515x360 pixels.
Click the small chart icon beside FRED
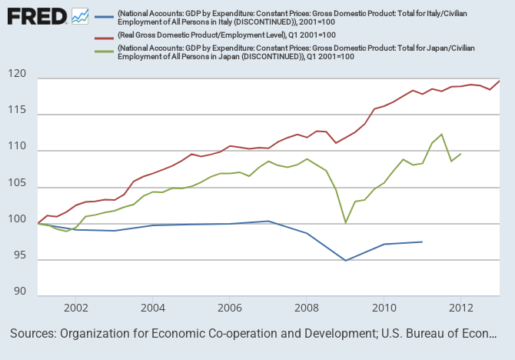79,15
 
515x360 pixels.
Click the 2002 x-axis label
75,308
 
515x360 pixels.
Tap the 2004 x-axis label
152,308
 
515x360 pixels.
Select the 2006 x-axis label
230,308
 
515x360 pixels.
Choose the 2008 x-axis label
307,308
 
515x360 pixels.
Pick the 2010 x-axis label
384,308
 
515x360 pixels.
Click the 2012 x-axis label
460,308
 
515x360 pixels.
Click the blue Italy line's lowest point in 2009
346,261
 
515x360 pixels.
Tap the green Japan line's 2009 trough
346,223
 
